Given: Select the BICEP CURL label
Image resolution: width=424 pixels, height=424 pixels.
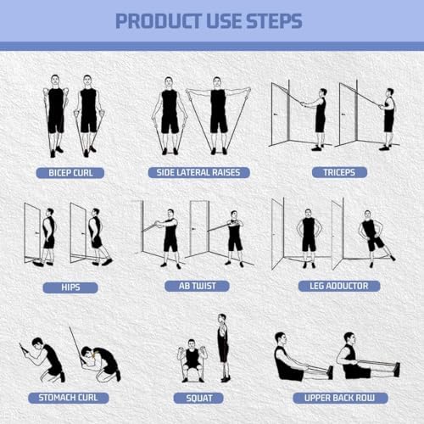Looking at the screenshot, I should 70,172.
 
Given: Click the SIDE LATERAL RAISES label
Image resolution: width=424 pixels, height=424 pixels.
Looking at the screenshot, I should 198,172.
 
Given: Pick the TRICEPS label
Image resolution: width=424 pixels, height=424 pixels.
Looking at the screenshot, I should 332,172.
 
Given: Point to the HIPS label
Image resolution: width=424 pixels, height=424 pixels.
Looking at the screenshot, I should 70,287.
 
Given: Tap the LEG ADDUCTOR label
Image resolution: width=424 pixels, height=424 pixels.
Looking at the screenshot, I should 332,287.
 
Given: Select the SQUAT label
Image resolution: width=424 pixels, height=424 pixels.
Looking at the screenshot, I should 198,397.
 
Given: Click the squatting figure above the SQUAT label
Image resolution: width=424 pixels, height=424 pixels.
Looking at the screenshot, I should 192,360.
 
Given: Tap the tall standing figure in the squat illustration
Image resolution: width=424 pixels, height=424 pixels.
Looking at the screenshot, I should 222,348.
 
